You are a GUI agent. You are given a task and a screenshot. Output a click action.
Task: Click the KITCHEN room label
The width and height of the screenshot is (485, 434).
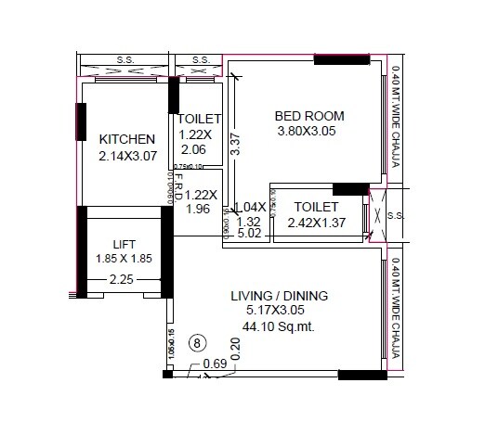126,139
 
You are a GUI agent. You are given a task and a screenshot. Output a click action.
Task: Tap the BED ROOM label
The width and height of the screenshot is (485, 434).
309,116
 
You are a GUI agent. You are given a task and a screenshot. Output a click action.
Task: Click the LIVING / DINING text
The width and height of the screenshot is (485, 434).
279,296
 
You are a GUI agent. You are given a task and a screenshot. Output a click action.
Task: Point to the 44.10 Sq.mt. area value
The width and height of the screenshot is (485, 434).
279,327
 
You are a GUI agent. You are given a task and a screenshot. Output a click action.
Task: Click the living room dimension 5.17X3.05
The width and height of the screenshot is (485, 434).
279,312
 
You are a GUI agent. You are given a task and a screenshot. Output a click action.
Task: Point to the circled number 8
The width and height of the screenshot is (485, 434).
197,341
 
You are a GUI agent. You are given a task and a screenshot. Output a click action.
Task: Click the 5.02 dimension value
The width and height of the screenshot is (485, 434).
250,236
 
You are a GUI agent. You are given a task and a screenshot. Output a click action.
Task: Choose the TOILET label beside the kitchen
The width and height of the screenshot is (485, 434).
200,119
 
